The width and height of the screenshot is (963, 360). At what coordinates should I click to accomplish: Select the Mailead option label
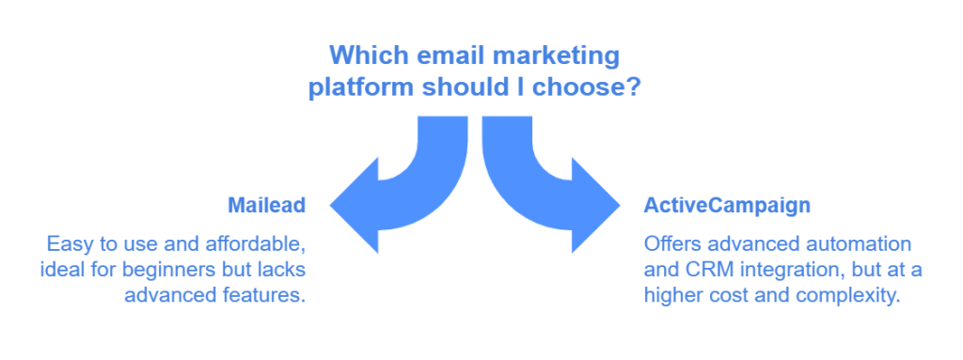267,205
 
